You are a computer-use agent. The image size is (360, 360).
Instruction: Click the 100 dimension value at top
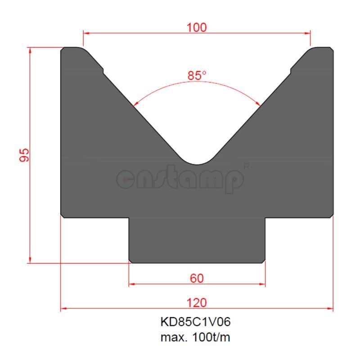(197, 27)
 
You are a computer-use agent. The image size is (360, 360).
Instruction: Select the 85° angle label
(197, 76)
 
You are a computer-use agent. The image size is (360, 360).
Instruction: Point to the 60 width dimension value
(197, 279)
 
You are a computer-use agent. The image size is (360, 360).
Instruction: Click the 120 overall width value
(197, 302)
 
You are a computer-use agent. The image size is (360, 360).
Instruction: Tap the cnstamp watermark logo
(180, 180)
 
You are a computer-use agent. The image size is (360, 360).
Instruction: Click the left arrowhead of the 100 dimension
(86, 33)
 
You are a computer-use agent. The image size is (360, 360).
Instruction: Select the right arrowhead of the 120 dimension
(330, 309)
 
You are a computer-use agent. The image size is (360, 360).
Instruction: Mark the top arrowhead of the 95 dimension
(30, 50)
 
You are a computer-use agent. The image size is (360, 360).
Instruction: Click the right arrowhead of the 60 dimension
(262, 284)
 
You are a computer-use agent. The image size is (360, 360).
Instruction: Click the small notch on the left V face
(103, 70)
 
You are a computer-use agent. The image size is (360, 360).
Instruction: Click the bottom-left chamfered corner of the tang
(130, 261)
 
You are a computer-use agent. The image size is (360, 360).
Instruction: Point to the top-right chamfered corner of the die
(332, 49)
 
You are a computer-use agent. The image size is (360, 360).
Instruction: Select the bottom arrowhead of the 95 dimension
(30, 260)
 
